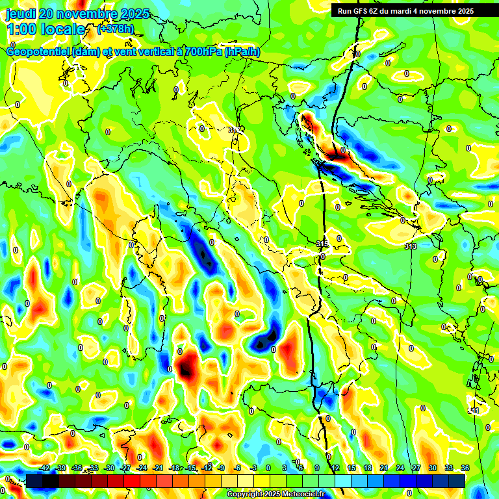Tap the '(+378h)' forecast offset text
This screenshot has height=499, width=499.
pyautogui.click(x=116, y=29)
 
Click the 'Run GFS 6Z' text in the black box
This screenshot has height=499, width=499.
pyautogui.click(x=359, y=11)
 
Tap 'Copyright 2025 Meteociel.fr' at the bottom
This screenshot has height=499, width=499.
pyautogui.click(x=275, y=494)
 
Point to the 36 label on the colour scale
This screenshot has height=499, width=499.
pyautogui.click(x=465, y=468)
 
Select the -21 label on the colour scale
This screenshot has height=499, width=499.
pyautogui.click(x=159, y=468)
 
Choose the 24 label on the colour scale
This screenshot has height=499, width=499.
pyautogui.click(x=400, y=468)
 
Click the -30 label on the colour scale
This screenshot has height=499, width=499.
pyautogui.click(x=110, y=468)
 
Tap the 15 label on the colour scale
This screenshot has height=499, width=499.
pyautogui.click(x=352, y=468)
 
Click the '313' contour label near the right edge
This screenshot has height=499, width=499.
pyautogui.click(x=410, y=246)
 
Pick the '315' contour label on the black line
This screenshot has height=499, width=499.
pyautogui.click(x=322, y=244)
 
